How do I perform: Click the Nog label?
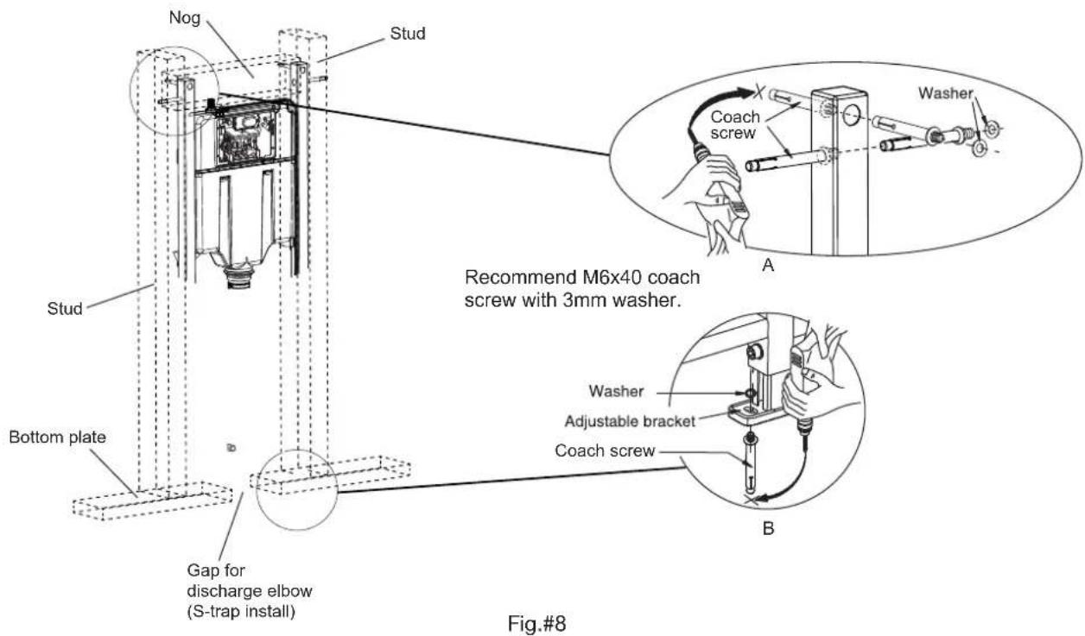[x=185, y=18]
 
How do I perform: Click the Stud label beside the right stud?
[x=408, y=34]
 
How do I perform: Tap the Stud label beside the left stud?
[x=65, y=308]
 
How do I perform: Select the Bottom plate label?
[x=57, y=437]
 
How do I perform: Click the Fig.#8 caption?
[x=536, y=623]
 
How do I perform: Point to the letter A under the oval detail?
[x=768, y=265]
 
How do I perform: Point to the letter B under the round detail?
[x=768, y=528]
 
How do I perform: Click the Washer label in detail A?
[x=946, y=93]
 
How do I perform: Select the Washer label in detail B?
[x=616, y=391]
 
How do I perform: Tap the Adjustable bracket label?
[x=630, y=422]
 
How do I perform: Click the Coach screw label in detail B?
[x=605, y=450]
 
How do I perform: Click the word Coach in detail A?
[x=735, y=116]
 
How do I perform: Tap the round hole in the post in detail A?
[x=852, y=116]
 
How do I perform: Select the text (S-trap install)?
[x=241, y=612]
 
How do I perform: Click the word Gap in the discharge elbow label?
[x=202, y=570]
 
